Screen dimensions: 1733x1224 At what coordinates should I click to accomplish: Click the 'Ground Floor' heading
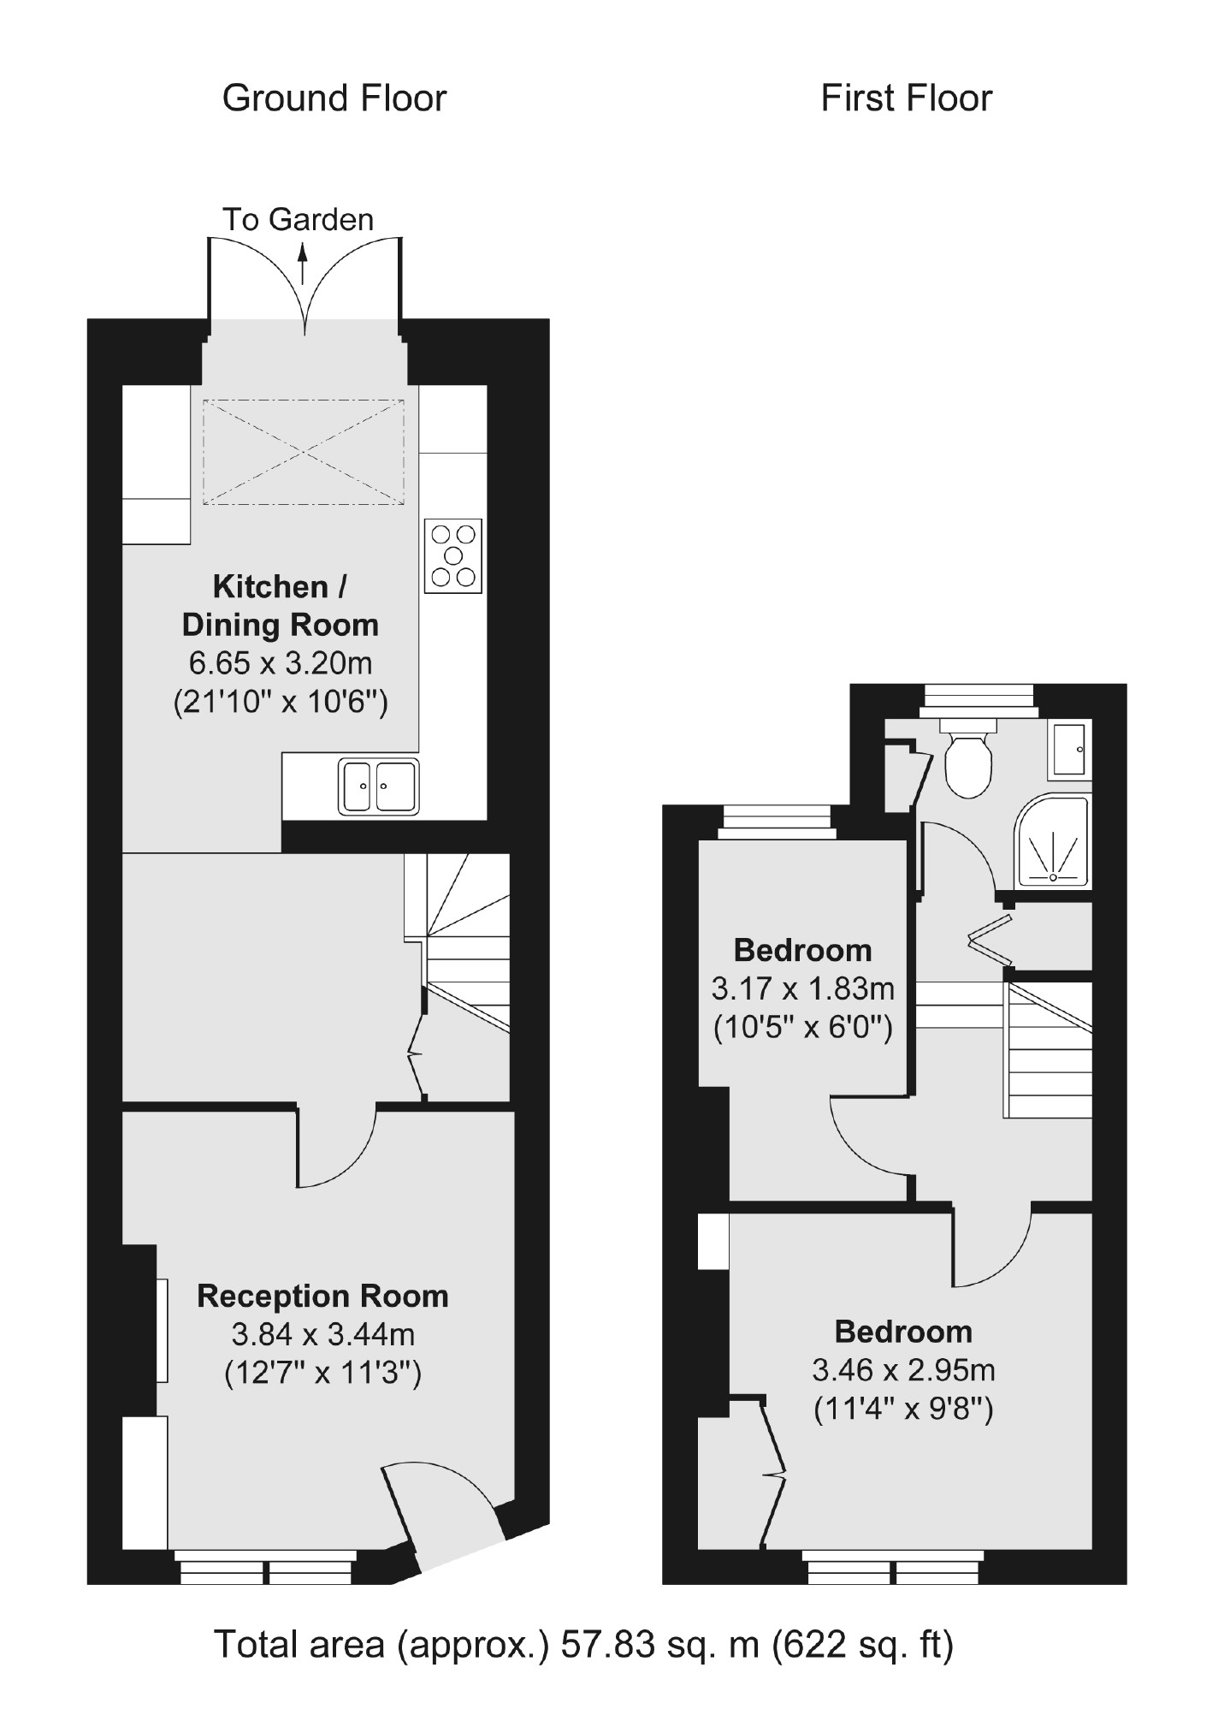click(x=334, y=98)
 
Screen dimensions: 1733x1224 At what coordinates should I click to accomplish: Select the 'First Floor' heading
click(x=906, y=98)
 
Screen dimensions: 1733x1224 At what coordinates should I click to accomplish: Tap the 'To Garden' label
click(x=298, y=220)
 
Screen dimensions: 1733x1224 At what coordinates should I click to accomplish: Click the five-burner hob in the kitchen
click(x=453, y=555)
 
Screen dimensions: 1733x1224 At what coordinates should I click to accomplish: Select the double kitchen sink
click(x=379, y=786)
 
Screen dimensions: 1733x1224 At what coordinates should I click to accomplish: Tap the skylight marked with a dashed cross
click(x=304, y=451)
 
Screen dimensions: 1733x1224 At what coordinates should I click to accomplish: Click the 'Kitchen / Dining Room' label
click(x=281, y=606)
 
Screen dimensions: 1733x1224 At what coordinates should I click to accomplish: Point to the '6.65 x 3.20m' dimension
click(x=281, y=663)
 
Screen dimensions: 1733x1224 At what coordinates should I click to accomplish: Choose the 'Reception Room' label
click(x=322, y=1296)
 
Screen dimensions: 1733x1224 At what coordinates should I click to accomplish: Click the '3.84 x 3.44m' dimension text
click(x=322, y=1333)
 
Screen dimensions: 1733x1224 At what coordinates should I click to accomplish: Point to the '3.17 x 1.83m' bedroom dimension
click(x=802, y=989)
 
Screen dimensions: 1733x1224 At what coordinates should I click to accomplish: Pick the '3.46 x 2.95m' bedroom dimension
click(x=903, y=1370)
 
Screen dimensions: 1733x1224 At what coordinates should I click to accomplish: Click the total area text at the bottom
click(x=582, y=1644)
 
